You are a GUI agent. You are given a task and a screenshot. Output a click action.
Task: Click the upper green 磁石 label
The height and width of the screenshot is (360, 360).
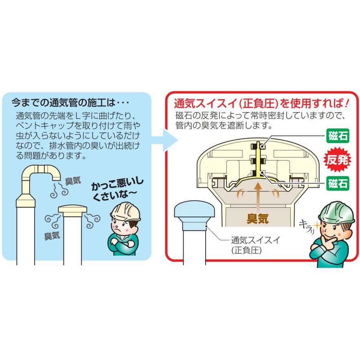[x=338, y=136]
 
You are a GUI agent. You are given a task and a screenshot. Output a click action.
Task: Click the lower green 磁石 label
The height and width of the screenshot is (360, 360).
[x=338, y=183]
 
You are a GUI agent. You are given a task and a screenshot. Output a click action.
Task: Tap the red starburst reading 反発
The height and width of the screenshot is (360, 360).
[x=337, y=160]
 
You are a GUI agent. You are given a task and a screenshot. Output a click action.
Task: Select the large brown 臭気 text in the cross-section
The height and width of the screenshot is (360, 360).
[x=258, y=219]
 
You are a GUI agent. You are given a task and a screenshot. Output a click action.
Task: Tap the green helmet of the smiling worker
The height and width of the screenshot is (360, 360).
[x=336, y=213]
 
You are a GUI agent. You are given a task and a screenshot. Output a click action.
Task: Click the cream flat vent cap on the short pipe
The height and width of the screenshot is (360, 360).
[x=73, y=209]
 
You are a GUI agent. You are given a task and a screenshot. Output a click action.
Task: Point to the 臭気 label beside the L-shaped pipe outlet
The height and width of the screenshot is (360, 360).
[x=73, y=181]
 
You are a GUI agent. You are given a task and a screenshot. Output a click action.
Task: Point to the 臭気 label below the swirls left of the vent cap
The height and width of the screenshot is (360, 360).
[x=52, y=236]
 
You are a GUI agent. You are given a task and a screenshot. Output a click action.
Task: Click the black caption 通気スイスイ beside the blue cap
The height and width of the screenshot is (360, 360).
[x=255, y=241]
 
